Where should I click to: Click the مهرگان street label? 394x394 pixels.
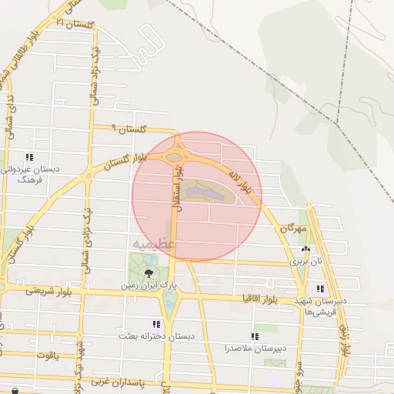click(x=293, y=229)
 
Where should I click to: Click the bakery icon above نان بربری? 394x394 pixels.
click(x=306, y=249)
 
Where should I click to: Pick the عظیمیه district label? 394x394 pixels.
click(x=154, y=244)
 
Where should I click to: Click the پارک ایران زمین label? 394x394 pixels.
click(x=148, y=285)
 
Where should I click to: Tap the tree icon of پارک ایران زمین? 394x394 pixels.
click(x=148, y=272)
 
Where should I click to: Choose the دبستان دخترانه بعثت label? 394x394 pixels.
click(x=156, y=336)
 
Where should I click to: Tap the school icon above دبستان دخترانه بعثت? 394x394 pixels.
click(x=156, y=324)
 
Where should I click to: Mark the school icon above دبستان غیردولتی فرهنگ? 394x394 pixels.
click(x=29, y=157)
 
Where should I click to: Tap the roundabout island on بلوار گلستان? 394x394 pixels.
click(x=175, y=158)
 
